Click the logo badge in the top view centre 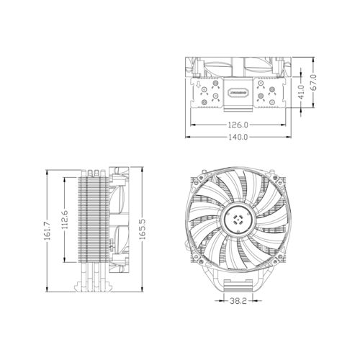(x=235, y=92)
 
